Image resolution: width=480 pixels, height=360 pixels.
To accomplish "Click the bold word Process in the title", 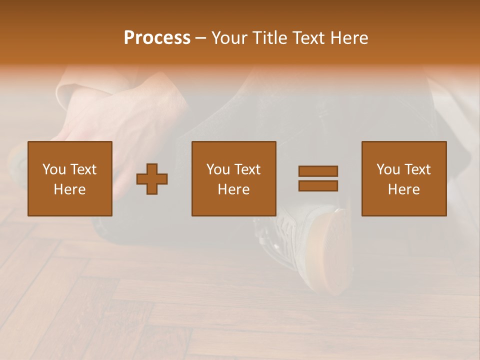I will pyautogui.click(x=157, y=38).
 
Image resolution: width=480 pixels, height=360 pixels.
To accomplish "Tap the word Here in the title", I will pyautogui.click(x=349, y=38).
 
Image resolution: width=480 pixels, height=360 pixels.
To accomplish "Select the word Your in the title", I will pyautogui.click(x=230, y=38).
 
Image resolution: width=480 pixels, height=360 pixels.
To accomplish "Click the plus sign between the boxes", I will pyautogui.click(x=152, y=179).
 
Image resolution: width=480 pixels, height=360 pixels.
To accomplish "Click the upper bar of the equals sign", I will pyautogui.click(x=318, y=171).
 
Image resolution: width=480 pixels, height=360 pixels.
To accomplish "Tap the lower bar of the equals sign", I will pyautogui.click(x=318, y=185).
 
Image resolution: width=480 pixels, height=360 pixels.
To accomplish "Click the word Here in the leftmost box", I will pyautogui.click(x=69, y=189).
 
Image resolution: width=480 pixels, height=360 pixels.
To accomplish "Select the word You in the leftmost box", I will pyautogui.click(x=54, y=169).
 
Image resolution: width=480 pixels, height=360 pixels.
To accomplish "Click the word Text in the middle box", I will pyautogui.click(x=247, y=169).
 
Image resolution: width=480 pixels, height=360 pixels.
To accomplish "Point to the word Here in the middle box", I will pyautogui.click(x=233, y=189).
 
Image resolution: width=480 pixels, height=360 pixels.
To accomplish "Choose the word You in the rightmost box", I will pyautogui.click(x=388, y=169).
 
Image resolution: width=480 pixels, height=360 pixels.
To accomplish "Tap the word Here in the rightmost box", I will pyautogui.click(x=403, y=189).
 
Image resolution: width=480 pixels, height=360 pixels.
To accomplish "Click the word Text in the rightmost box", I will pyautogui.click(x=417, y=169).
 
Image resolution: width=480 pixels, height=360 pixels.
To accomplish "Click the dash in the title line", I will pyautogui.click(x=200, y=38).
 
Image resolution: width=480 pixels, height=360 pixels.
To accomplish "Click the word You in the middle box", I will pyautogui.click(x=218, y=169).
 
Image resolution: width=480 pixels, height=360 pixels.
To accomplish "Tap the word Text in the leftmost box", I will pyautogui.click(x=83, y=169).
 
